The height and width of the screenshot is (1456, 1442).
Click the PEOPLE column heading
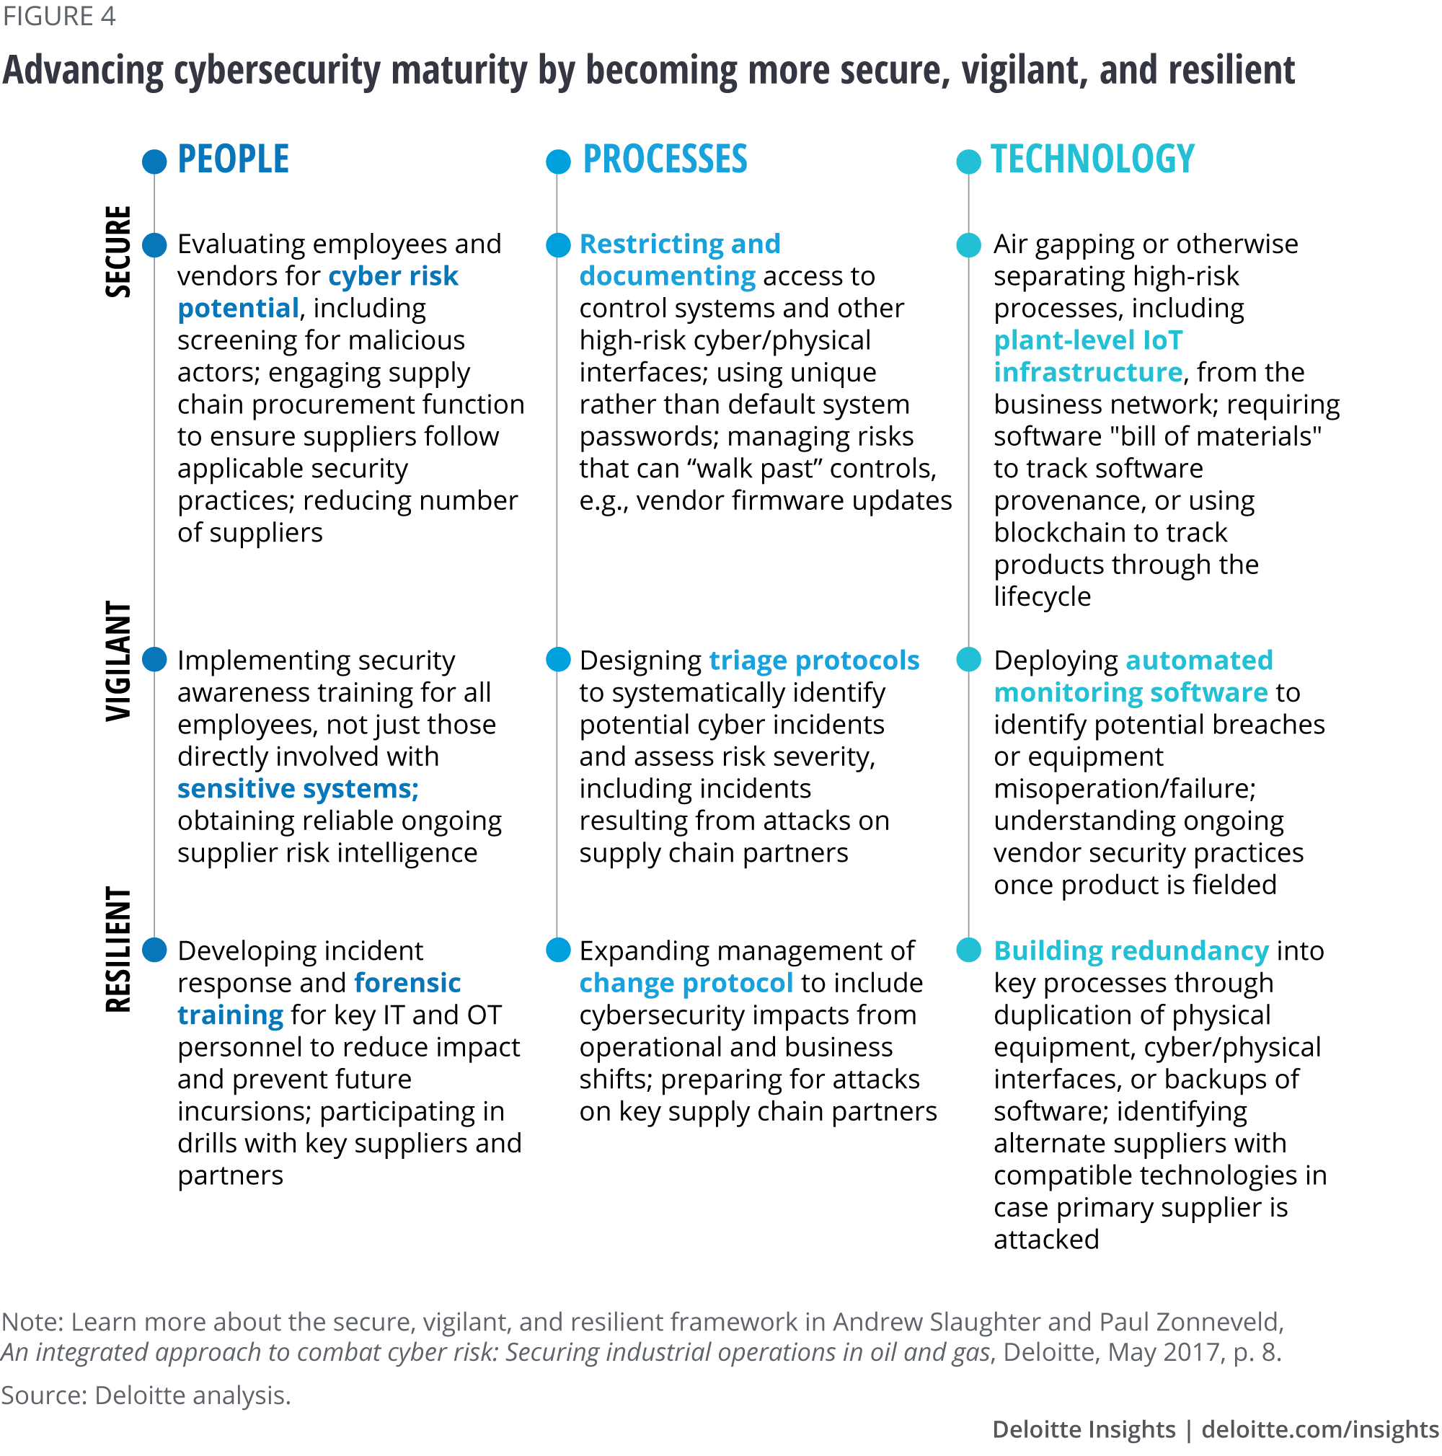(x=233, y=160)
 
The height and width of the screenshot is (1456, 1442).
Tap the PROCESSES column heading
(x=665, y=160)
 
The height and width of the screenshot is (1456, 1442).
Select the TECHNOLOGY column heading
(x=1092, y=160)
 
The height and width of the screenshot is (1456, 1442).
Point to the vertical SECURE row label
(x=118, y=252)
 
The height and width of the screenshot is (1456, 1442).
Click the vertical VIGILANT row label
(x=118, y=661)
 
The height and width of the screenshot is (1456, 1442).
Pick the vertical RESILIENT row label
(x=118, y=950)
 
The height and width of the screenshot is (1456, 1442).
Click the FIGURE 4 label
(x=59, y=16)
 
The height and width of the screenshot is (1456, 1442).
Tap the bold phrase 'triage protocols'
(x=814, y=660)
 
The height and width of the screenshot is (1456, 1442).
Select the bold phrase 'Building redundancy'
(x=1130, y=950)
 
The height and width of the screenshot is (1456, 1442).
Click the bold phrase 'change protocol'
(x=686, y=983)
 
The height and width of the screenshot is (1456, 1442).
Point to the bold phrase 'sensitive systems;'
(x=298, y=788)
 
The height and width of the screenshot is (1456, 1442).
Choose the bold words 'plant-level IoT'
(x=1088, y=340)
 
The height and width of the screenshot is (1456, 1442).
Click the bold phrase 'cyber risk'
(x=392, y=277)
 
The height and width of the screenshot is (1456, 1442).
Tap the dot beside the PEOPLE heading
(x=154, y=162)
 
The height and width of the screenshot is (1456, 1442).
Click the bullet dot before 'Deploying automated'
(x=968, y=659)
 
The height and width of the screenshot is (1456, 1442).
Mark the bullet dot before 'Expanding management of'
(x=558, y=950)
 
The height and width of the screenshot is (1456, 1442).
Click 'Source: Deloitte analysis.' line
(x=146, y=1395)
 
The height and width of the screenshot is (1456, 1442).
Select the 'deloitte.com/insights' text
(x=1319, y=1429)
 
